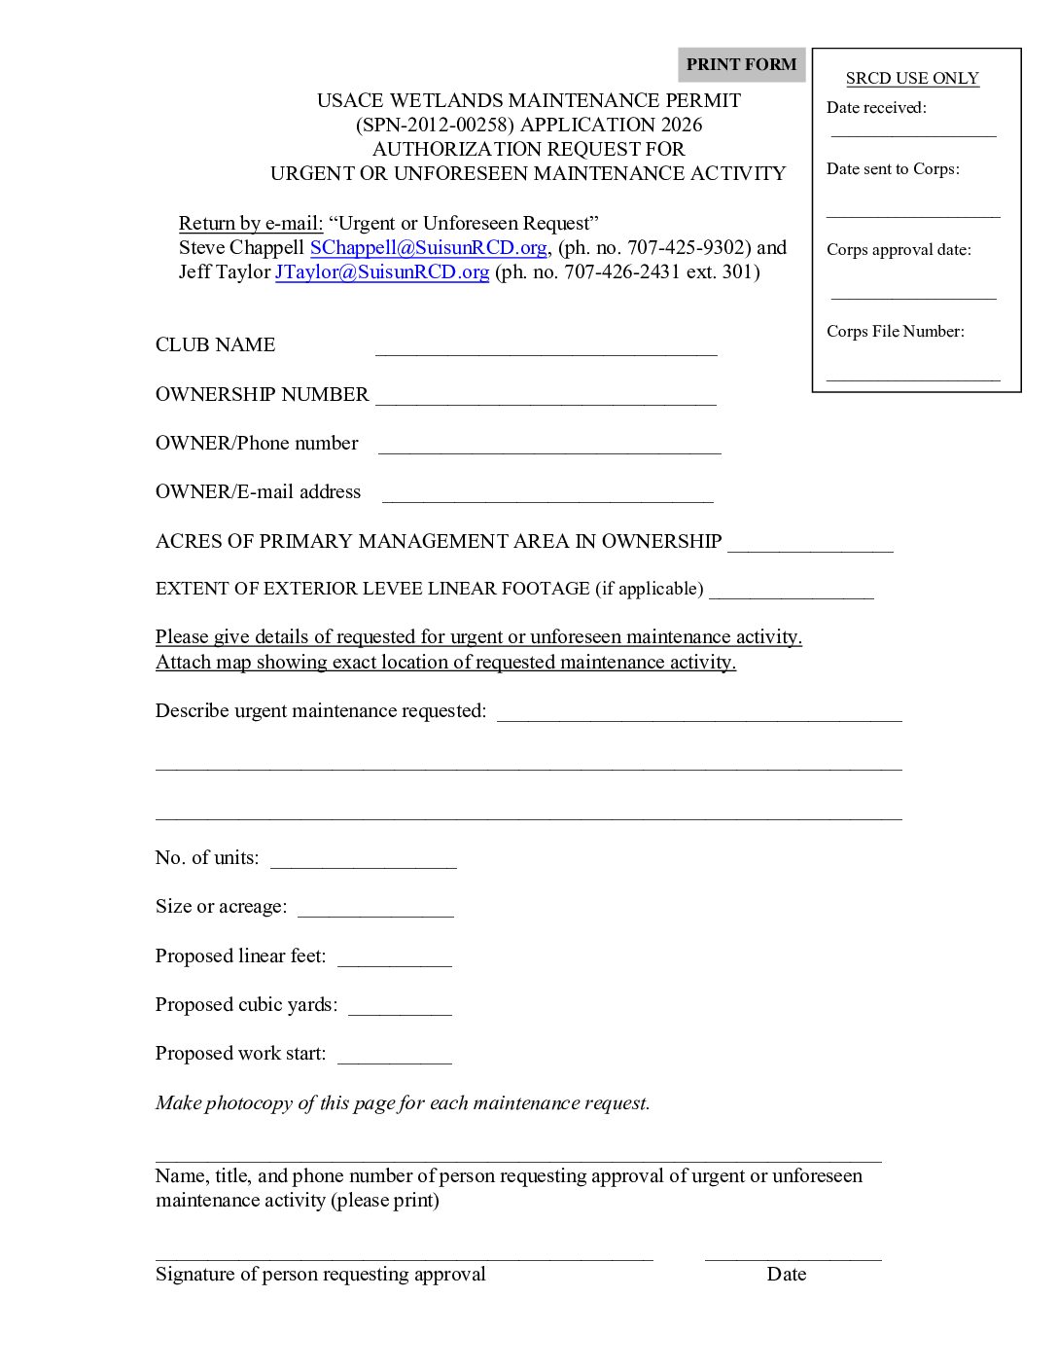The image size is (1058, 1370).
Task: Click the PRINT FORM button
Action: (x=741, y=65)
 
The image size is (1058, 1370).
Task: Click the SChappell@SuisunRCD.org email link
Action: (x=428, y=248)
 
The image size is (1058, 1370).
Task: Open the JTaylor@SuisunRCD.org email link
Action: (x=381, y=272)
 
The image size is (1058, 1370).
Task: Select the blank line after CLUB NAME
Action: (x=546, y=348)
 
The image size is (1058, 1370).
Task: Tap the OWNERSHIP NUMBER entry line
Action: (x=546, y=397)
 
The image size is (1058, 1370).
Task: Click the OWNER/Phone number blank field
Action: (x=549, y=446)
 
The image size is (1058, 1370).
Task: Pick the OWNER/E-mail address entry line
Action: (x=547, y=494)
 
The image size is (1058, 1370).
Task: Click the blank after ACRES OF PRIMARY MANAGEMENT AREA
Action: (x=810, y=544)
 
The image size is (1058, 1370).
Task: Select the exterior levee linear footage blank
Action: (x=791, y=592)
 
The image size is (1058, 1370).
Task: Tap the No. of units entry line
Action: (x=363, y=860)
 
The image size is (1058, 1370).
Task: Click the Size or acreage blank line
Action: (x=375, y=909)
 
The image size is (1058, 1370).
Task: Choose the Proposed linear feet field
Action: (x=394, y=958)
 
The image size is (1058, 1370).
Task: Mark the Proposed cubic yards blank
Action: (x=400, y=1007)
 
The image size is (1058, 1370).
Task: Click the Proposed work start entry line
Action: (x=394, y=1056)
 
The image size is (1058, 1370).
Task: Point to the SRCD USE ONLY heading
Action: (x=912, y=79)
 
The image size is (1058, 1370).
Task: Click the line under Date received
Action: (x=913, y=132)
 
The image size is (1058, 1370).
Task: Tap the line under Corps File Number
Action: (x=913, y=375)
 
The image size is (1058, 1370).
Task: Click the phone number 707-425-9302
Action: (x=686, y=248)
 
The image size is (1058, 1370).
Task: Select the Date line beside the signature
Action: (x=793, y=1255)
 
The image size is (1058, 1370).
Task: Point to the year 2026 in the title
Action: (x=680, y=126)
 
